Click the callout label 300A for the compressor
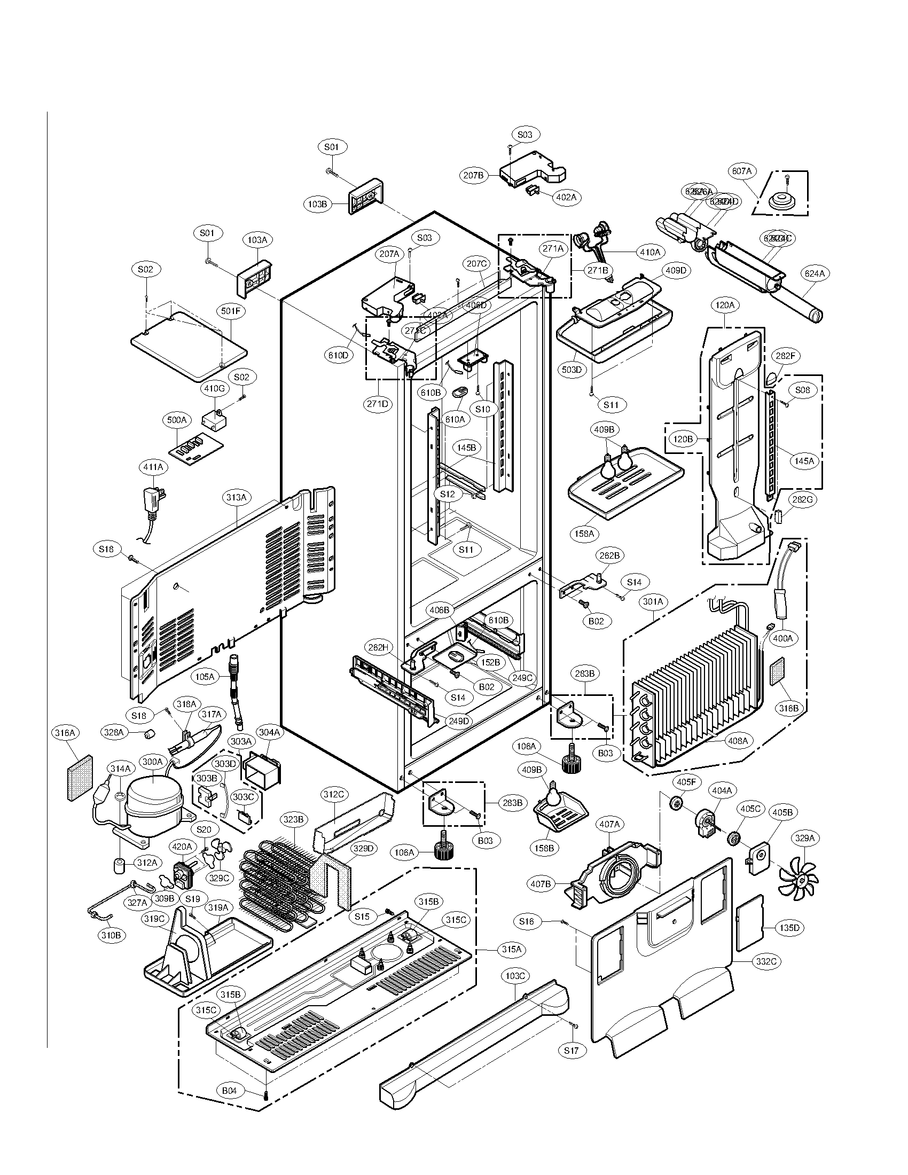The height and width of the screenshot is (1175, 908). (152, 762)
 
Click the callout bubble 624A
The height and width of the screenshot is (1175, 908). (815, 274)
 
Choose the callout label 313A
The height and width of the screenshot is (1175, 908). (236, 498)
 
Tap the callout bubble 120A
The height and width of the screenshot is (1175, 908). (725, 305)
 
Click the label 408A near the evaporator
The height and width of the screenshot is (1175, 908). (738, 741)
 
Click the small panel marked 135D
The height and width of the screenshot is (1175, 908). (749, 924)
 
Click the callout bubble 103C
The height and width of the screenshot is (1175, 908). (515, 975)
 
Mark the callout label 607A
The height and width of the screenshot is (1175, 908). (741, 171)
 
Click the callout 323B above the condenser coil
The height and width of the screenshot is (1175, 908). (294, 820)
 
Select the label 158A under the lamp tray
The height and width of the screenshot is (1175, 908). (584, 534)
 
